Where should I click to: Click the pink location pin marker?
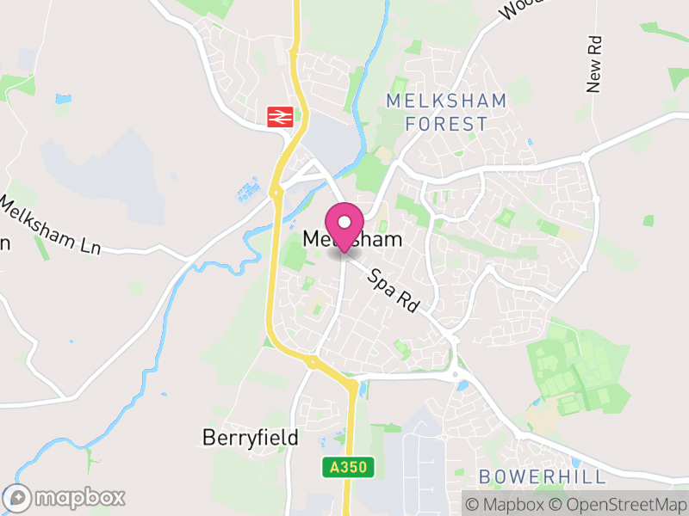click(x=344, y=226)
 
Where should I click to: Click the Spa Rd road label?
click(x=394, y=292)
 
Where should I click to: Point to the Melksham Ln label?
click(x=50, y=226)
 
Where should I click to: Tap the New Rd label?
click(x=593, y=64)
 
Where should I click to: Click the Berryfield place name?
click(x=251, y=438)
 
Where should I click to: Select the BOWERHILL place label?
click(x=542, y=476)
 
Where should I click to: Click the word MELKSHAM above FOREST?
click(x=446, y=101)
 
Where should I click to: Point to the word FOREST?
click(x=446, y=124)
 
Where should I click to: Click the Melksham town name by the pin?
click(x=353, y=240)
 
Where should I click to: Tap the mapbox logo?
click(x=65, y=497)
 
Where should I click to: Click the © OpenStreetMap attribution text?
click(x=618, y=504)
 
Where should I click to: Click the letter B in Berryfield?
click(x=208, y=438)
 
